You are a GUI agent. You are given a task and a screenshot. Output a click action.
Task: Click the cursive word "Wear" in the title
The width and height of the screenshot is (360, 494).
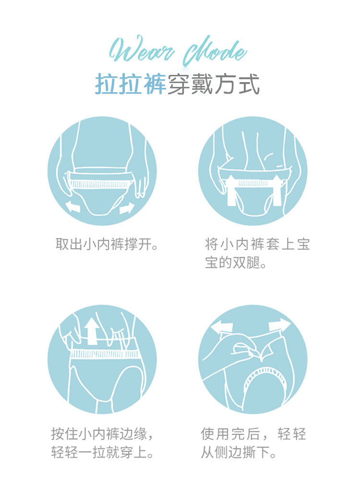tap(142, 50)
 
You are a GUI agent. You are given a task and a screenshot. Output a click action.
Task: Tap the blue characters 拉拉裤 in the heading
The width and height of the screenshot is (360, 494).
tap(131, 84)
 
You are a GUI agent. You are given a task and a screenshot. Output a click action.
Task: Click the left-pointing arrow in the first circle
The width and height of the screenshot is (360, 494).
tap(72, 207)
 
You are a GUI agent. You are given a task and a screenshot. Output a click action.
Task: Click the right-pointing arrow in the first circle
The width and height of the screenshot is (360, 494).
tap(127, 208)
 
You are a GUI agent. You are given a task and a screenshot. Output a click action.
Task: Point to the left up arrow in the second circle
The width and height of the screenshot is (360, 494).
tap(231, 191)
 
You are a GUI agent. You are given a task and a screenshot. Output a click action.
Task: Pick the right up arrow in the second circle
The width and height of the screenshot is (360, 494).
tap(277, 191)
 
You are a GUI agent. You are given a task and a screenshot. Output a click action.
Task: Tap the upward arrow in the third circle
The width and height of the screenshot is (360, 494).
tap(92, 331)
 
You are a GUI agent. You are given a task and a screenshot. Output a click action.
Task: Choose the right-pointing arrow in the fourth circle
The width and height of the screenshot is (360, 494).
tap(280, 325)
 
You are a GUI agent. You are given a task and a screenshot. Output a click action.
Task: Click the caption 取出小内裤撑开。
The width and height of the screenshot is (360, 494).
tap(107, 244)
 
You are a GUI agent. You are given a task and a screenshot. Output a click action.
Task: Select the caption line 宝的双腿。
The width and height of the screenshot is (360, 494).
tap(236, 263)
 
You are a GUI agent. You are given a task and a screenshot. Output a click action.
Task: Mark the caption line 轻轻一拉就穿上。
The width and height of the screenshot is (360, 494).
tap(102, 452)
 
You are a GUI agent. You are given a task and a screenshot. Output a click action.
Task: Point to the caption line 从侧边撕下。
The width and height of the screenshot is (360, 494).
tap(239, 452)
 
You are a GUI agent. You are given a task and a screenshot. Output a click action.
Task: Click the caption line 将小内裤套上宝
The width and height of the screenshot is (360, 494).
tap(257, 244)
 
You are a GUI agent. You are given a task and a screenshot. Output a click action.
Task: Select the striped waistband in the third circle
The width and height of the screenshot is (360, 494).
tap(105, 354)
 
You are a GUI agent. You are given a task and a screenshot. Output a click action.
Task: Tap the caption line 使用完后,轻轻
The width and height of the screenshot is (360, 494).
tap(253, 434)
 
